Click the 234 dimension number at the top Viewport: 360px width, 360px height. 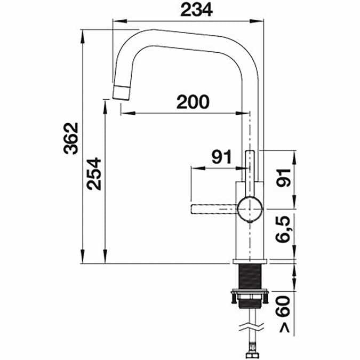(x=193, y=10)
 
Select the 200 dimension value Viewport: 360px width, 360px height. (x=193, y=101)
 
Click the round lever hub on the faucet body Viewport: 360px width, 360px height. (x=250, y=208)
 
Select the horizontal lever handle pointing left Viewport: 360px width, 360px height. (x=213, y=208)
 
